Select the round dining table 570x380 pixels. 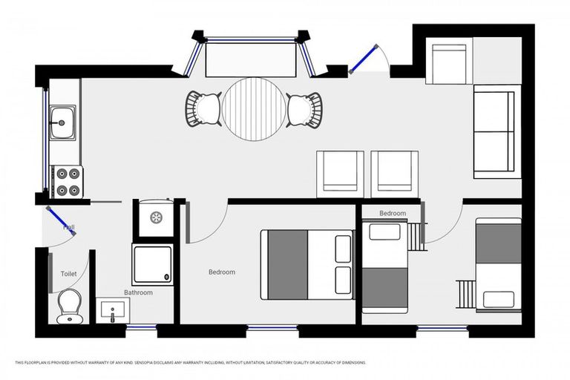pos(254,109)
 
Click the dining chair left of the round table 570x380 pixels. pos(203,108)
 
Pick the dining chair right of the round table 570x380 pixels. pos(304,109)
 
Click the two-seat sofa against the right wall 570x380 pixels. pos(494,132)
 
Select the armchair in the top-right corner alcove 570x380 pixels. pos(449,64)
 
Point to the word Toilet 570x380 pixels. pos(68,274)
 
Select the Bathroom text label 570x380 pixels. pos(138,292)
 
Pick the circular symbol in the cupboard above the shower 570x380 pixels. pos(157,217)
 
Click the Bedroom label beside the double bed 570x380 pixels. pos(221,272)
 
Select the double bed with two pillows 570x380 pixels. pos(307,264)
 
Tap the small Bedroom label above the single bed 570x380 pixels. pos(393,214)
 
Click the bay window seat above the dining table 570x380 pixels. pos(249,58)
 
